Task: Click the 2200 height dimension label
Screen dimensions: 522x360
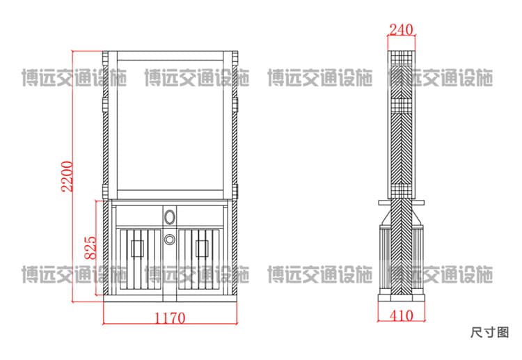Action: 67,176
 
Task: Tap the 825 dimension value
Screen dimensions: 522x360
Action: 90,248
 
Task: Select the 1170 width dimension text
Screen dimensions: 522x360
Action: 170,318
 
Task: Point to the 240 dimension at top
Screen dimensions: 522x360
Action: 401,30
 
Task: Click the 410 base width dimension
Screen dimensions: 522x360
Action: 401,315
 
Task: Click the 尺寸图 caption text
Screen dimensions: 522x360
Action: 490,332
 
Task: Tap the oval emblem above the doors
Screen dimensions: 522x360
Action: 169,217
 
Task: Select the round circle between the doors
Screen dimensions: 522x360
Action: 169,239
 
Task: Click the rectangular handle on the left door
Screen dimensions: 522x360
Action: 137,249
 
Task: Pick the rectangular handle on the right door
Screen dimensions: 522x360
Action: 202,249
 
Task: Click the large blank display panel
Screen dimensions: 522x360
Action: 170,125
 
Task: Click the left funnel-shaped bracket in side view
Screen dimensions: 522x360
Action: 386,217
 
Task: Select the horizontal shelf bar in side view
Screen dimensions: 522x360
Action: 402,202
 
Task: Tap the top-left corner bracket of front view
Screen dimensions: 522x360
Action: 105,57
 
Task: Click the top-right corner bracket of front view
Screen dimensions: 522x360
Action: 235,57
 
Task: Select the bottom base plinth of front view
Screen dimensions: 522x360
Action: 170,299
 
